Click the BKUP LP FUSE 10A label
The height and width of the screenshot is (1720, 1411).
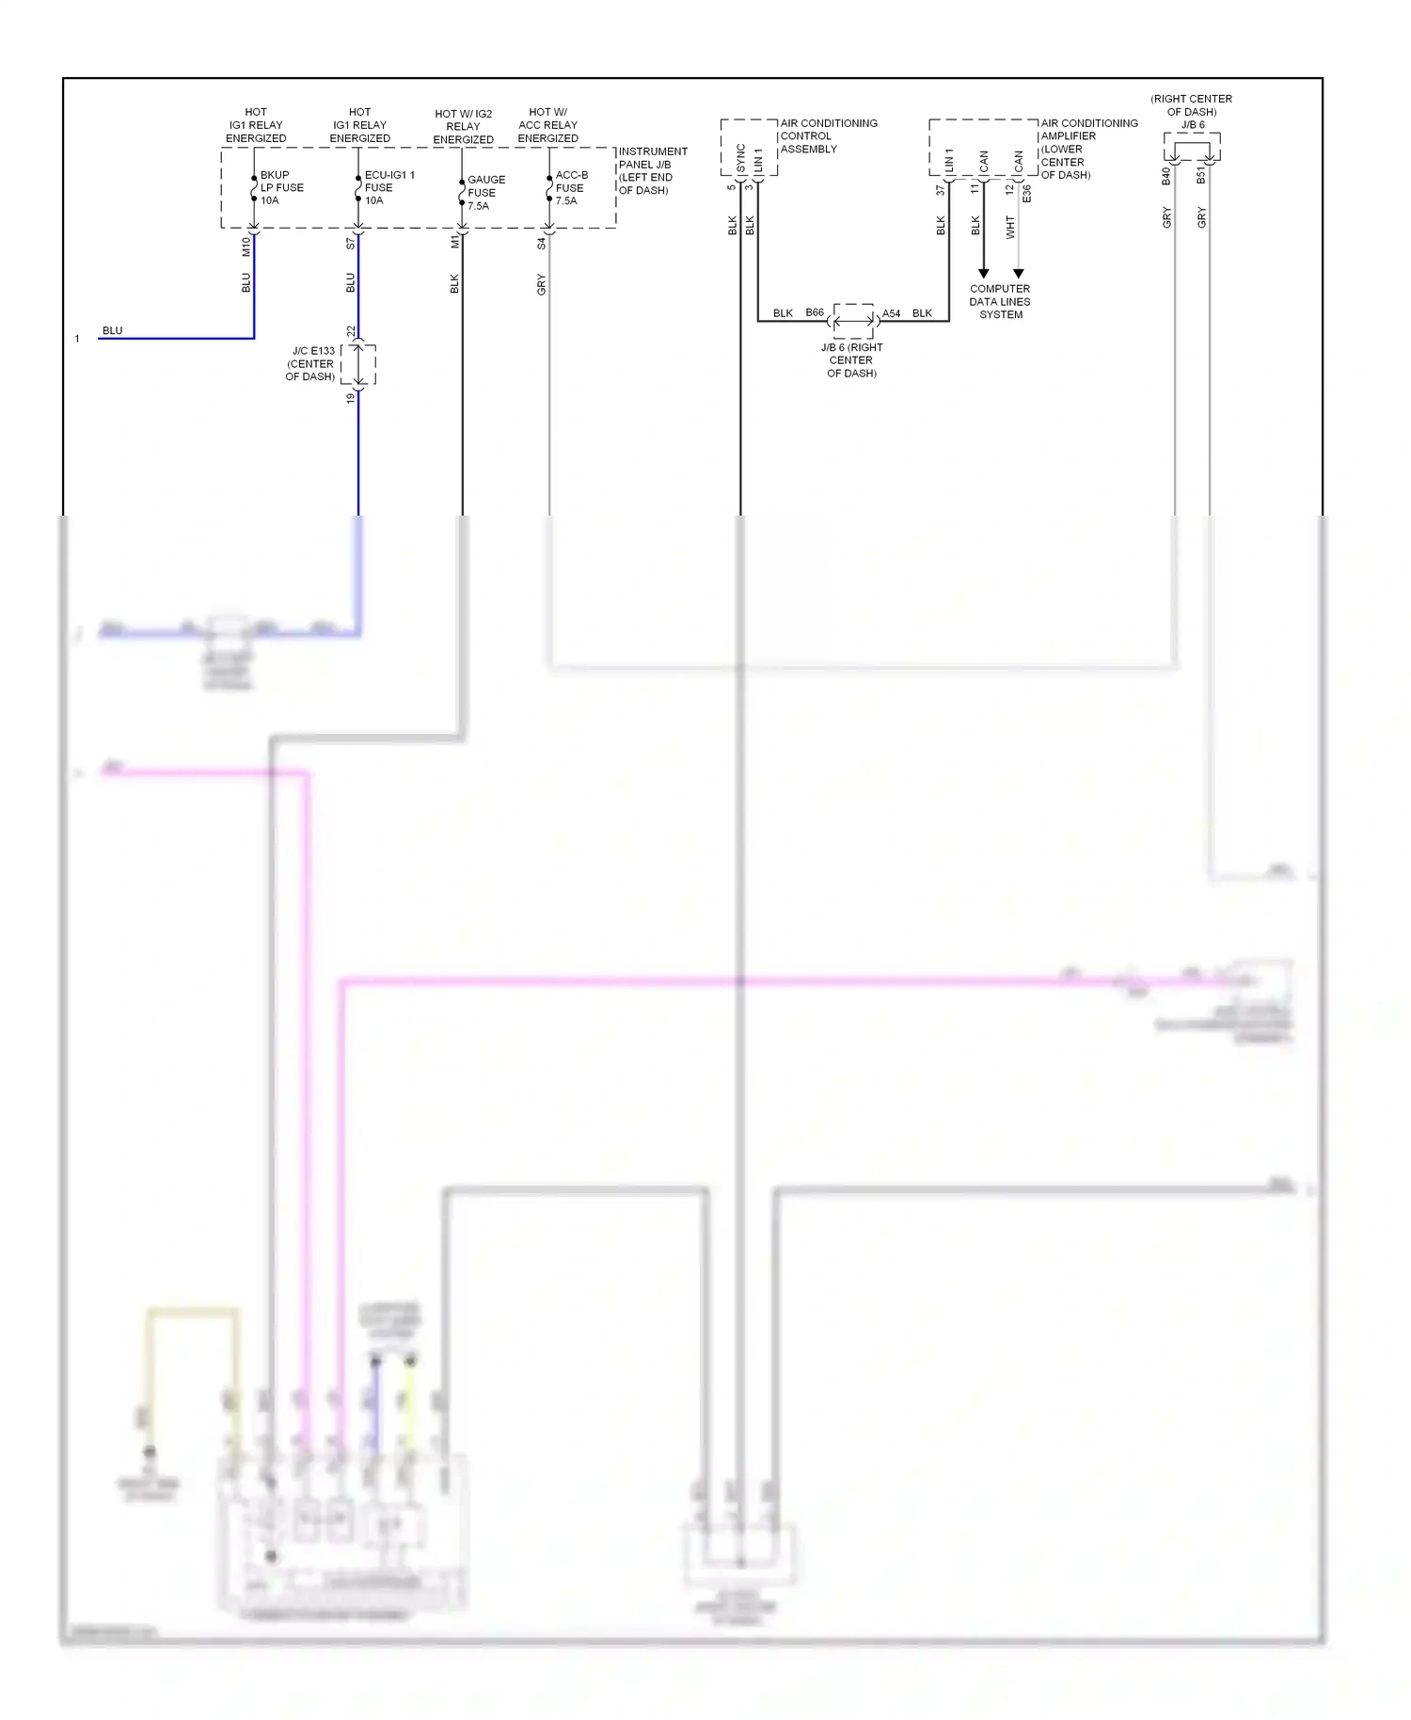281,187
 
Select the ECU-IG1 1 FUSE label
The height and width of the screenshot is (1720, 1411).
388,187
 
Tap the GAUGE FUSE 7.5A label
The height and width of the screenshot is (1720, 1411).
485,192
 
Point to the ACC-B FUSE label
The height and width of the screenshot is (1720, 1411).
571,187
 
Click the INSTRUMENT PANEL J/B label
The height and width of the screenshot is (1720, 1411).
652,170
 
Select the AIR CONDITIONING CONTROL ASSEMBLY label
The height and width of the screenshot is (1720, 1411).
828,135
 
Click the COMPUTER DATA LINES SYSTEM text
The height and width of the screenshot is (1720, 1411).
1000,301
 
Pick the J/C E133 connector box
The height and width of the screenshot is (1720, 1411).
358,364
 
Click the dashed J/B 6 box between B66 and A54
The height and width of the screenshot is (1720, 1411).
853,321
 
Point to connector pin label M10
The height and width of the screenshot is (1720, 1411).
246,247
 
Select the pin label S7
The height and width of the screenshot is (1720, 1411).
351,243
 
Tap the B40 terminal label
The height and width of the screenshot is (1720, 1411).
1166,176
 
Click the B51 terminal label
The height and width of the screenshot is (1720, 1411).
1201,176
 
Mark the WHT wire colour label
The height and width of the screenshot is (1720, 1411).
1010,227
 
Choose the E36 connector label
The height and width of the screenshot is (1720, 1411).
1027,193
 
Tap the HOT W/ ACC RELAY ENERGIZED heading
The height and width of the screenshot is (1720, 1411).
547,125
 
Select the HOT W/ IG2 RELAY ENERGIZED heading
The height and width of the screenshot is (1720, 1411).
463,126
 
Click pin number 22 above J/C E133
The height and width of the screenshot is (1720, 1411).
351,331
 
